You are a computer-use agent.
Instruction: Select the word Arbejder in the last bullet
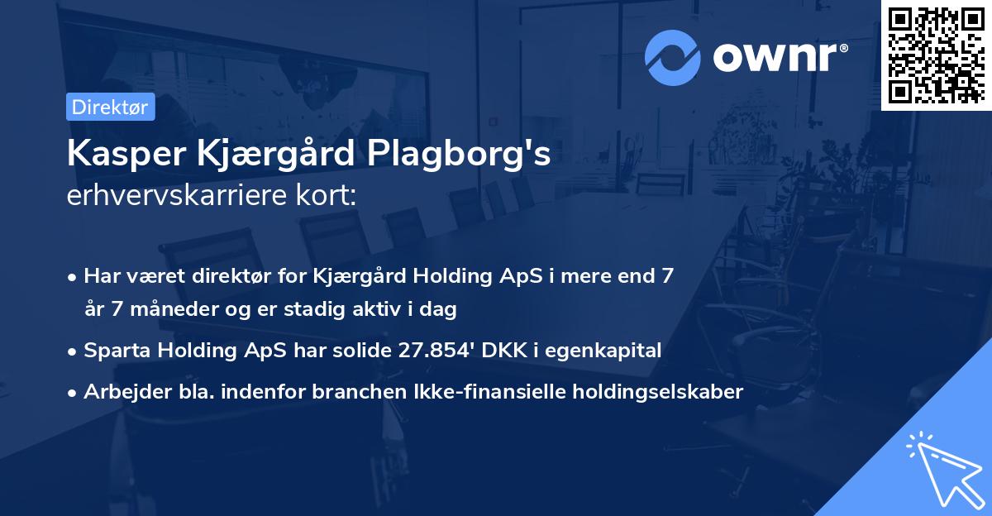pos(120,392)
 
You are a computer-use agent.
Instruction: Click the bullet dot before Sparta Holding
pos(74,351)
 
